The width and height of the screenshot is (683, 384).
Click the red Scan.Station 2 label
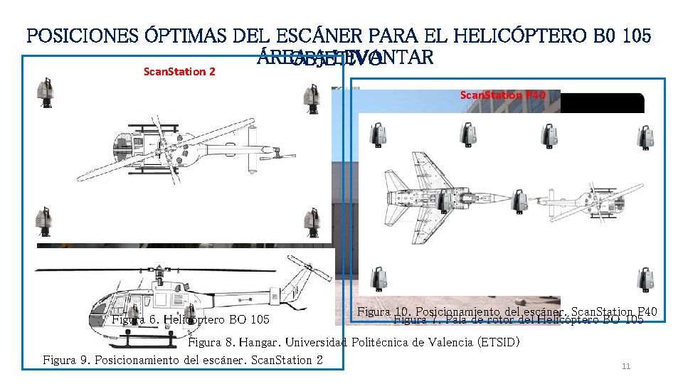pyautogui.click(x=179, y=71)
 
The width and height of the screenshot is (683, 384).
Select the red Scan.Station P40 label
pyautogui.click(x=503, y=95)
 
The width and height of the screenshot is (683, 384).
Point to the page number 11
pyautogui.click(x=626, y=366)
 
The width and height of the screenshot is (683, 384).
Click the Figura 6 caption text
pyautogui.click(x=191, y=319)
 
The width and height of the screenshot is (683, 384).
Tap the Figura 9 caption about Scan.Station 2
pyautogui.click(x=183, y=360)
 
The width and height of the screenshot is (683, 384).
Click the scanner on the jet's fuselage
pyautogui.click(x=444, y=202)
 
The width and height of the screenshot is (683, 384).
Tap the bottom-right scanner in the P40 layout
pyautogui.click(x=645, y=281)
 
